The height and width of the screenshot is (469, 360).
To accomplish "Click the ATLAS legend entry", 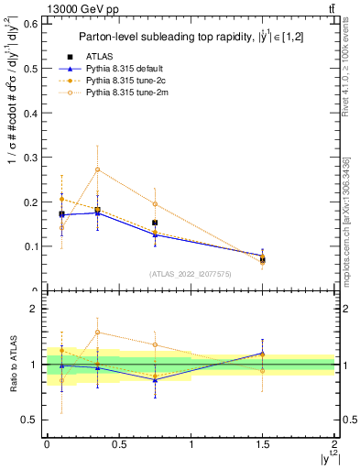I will [107, 57].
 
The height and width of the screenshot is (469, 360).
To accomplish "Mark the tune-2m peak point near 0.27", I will [98, 169].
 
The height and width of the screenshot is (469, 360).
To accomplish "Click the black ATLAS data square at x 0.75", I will [156, 223].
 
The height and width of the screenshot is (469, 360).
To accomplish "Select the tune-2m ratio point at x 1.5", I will [263, 370].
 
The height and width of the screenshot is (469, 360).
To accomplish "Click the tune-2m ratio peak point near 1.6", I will [98, 333].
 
